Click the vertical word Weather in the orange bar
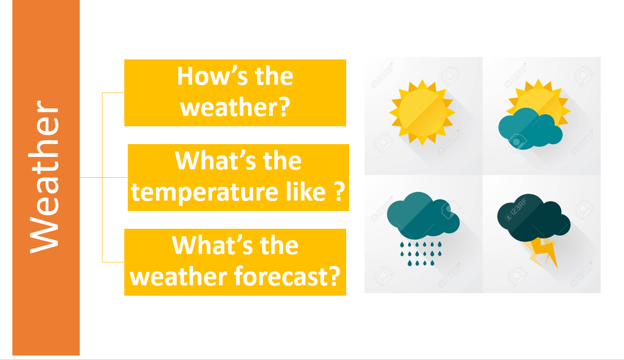tap(44, 177)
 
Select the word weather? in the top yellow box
tap(235, 107)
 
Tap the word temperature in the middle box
tap(205, 192)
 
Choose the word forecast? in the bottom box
tap(287, 276)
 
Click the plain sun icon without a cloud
tap(422, 112)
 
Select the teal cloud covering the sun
tap(530, 129)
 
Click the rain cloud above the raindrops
tap(423, 216)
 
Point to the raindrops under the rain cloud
tap(420, 254)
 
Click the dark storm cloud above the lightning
tap(533, 218)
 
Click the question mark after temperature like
tap(340, 191)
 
